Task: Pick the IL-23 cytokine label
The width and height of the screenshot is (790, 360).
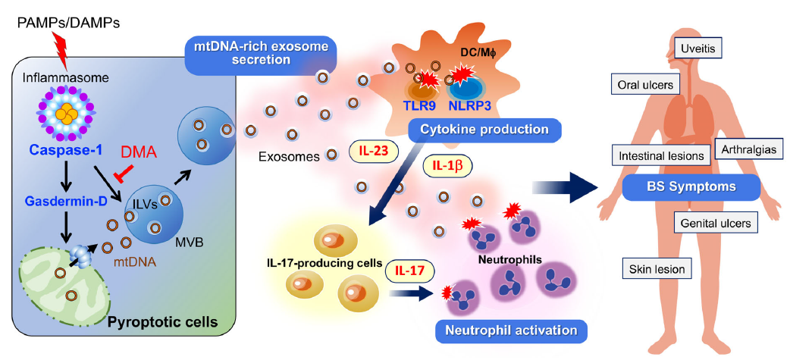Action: (x=372, y=149)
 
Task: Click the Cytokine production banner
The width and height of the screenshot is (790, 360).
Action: (x=485, y=130)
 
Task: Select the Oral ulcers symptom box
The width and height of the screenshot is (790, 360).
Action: (x=644, y=83)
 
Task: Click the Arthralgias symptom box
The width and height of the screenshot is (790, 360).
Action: (x=749, y=149)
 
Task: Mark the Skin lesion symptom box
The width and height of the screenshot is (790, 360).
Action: (x=657, y=268)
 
